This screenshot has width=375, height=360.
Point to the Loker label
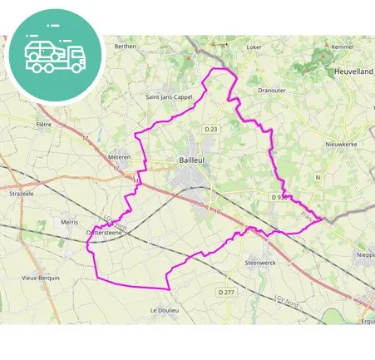(254, 47)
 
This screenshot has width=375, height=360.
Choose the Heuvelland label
(353, 73)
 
